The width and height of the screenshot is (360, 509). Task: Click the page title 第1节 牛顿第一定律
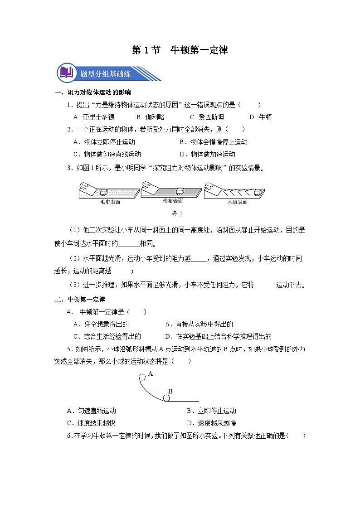(180, 50)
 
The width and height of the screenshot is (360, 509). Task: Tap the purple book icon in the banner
(66, 73)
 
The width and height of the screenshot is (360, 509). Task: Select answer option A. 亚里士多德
(93, 117)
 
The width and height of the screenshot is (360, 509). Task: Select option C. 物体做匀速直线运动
(107, 154)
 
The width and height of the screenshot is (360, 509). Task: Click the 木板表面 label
(237, 202)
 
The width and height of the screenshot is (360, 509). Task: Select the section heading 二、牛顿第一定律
(80, 300)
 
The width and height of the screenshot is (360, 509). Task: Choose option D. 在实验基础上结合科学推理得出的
(218, 336)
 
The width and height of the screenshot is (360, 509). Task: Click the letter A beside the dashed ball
(150, 374)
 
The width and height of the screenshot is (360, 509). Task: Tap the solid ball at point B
(166, 398)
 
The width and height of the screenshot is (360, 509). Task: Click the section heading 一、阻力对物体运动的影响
(92, 93)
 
